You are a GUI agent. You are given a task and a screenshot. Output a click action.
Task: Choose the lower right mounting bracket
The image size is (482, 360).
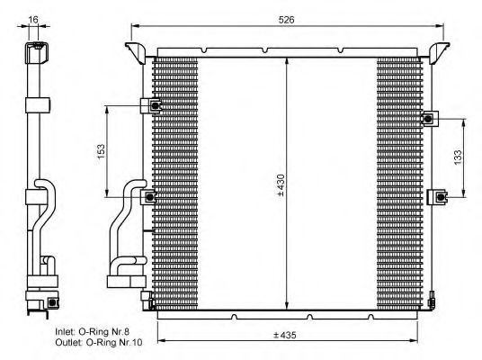439,196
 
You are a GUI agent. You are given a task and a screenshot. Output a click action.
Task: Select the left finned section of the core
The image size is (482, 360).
176,180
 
